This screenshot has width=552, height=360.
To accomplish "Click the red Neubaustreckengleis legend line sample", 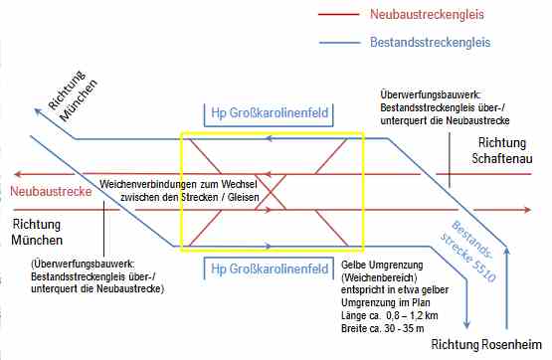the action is (x=339, y=15).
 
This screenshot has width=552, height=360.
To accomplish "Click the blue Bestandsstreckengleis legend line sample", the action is (x=340, y=43).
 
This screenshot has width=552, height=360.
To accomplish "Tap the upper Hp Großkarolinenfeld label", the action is (x=270, y=113).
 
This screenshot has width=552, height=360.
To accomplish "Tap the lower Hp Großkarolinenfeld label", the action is (x=270, y=269).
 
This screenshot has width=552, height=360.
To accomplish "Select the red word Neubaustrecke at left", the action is (x=51, y=192).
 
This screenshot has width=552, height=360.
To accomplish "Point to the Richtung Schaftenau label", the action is (x=502, y=150).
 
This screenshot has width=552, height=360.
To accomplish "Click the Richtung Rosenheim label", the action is (x=486, y=344).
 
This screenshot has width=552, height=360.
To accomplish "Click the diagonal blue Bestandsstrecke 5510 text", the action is (x=468, y=252).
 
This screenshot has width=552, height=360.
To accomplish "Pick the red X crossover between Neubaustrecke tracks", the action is (x=271, y=192).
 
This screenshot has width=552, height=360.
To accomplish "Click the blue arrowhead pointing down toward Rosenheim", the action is (x=466, y=324).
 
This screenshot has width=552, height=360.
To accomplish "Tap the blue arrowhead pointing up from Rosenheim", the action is (x=506, y=250).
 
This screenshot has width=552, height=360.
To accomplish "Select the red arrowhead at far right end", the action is (x=527, y=210).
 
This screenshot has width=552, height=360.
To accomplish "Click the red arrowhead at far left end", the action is (x=18, y=174).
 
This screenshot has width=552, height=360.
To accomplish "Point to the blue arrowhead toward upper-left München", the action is (x=39, y=112).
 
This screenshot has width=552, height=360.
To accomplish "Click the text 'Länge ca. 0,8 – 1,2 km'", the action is (x=389, y=315).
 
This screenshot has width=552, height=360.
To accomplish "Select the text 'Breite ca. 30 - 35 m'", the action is (x=382, y=328).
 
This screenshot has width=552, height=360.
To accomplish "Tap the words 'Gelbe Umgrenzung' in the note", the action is (x=382, y=265).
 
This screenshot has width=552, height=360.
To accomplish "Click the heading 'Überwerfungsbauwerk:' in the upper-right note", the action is (x=431, y=95).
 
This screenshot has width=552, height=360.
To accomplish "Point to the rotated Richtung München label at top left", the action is (x=73, y=96).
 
